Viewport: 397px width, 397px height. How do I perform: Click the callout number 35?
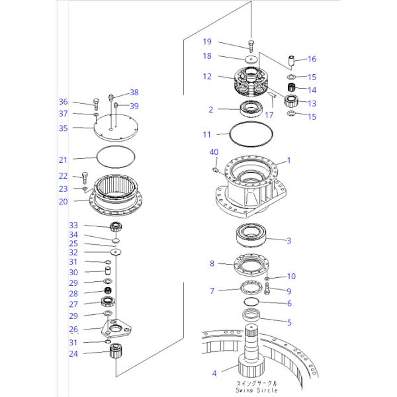(x=64, y=128)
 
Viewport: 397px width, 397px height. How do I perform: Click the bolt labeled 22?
(x=85, y=177)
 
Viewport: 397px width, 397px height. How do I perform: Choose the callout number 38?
(x=134, y=92)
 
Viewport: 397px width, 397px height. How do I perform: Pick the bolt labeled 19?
(x=251, y=45)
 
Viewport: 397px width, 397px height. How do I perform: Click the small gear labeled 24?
(x=116, y=353)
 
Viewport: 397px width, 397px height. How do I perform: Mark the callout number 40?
(x=213, y=152)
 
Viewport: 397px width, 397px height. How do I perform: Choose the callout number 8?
(x=212, y=263)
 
